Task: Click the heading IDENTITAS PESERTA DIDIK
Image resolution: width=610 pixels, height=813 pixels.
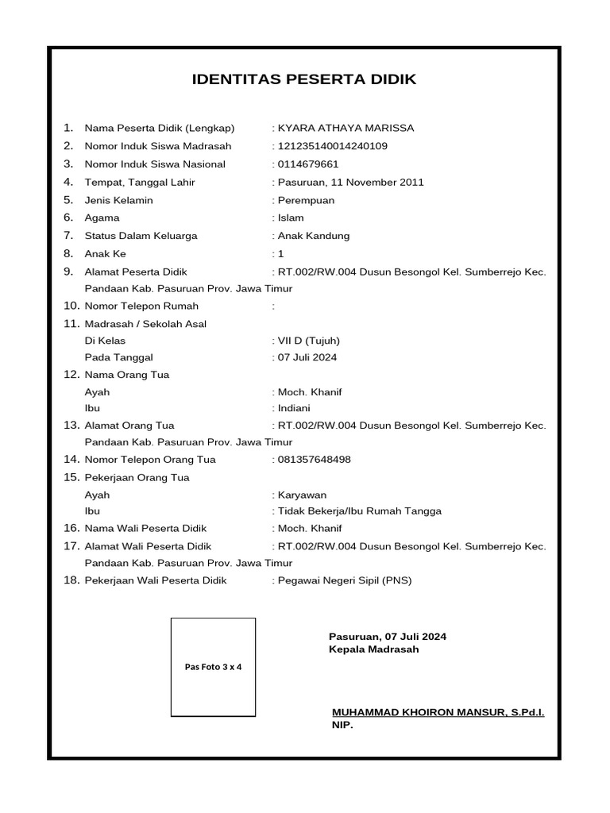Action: (x=304, y=79)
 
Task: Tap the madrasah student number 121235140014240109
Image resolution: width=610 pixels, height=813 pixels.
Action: (x=332, y=146)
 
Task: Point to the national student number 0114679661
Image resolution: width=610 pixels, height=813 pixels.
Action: (x=308, y=164)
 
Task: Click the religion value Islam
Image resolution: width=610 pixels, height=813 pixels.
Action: (x=291, y=218)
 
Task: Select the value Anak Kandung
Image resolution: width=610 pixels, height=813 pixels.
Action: (x=314, y=236)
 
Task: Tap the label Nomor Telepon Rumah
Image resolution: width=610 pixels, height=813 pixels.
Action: (x=141, y=306)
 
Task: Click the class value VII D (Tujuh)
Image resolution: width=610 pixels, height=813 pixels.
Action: (x=309, y=341)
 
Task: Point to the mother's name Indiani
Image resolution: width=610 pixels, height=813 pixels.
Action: (x=295, y=408)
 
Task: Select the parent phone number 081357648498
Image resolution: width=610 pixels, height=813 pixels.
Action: (x=315, y=460)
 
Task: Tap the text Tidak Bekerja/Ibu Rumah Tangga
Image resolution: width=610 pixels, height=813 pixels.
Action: (x=359, y=511)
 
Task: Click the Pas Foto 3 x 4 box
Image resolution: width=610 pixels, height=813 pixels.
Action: (x=213, y=667)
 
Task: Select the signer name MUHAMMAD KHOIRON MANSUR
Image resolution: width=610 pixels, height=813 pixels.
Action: (x=416, y=713)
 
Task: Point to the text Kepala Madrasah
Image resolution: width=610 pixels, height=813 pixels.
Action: (x=373, y=649)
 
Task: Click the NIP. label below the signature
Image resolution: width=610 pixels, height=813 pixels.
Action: (x=342, y=726)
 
